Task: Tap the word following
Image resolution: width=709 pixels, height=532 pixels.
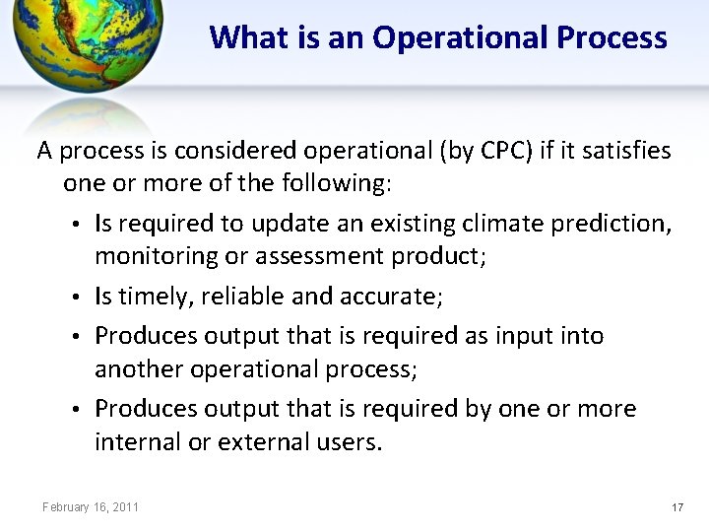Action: click(336, 184)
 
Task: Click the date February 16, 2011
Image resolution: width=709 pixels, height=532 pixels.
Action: click(91, 507)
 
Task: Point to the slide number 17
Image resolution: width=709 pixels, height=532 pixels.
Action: click(677, 507)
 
